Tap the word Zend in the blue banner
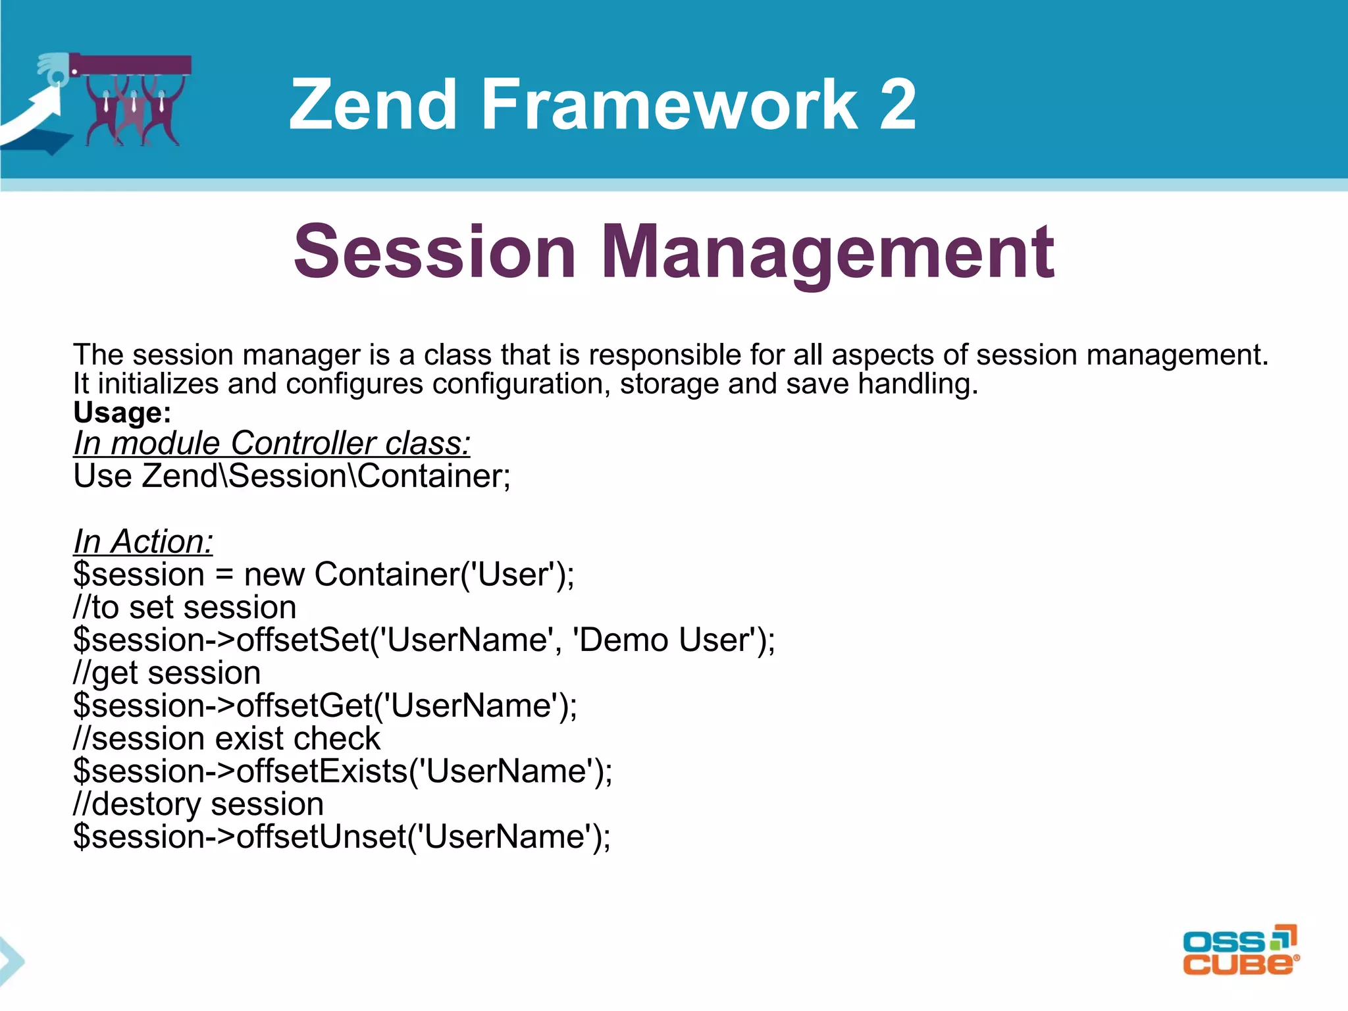click(x=373, y=104)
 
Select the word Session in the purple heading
click(x=435, y=252)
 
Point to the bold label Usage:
click(x=122, y=413)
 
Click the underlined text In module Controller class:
click(x=272, y=443)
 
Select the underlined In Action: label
click(x=143, y=542)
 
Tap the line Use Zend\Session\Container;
click(x=292, y=476)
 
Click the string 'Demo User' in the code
click(x=664, y=640)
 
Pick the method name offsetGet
click(x=305, y=706)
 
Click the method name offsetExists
click(x=322, y=771)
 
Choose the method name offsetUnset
click(x=321, y=837)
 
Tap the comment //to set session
click(x=185, y=607)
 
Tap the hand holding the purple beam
click(x=54, y=68)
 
